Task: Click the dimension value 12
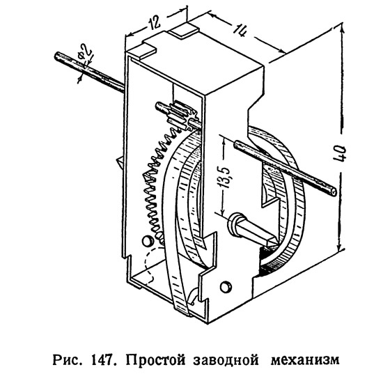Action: point(155,22)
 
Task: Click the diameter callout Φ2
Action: point(84,54)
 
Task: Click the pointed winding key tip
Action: point(273,242)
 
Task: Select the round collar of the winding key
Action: point(236,224)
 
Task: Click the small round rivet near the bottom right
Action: point(226,286)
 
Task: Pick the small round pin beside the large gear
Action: point(148,241)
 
